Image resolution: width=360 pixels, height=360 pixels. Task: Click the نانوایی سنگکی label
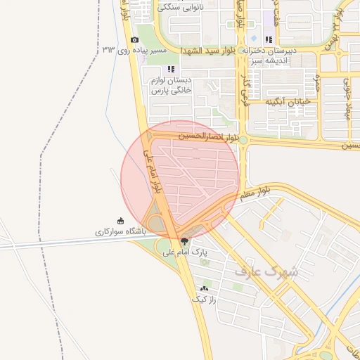click(183, 8)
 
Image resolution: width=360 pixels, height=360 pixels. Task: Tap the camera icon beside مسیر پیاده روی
click(134, 40)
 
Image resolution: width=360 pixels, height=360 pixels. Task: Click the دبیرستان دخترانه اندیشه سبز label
click(271, 56)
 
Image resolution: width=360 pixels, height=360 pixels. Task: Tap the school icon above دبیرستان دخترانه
click(268, 39)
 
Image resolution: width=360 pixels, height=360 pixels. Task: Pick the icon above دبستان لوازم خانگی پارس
click(170, 69)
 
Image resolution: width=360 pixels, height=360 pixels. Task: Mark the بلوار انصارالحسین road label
click(208, 135)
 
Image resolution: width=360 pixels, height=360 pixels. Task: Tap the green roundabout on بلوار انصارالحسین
click(243, 140)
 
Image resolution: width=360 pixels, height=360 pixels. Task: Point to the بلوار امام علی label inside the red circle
click(153, 171)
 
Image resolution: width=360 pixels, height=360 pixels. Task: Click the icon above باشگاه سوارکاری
click(120, 220)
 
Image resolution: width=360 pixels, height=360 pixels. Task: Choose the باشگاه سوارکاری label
click(120, 231)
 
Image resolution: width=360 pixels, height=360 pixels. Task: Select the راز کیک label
click(204, 299)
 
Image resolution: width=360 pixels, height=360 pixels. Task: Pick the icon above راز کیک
click(205, 288)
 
